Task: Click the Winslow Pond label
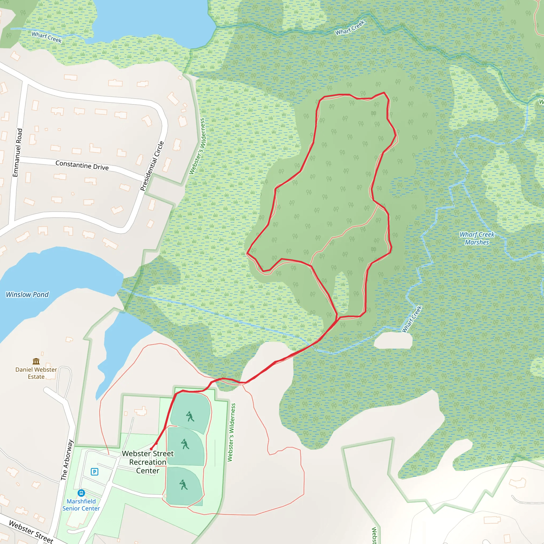(x=27, y=295)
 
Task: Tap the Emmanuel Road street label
(x=18, y=153)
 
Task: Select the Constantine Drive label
(x=82, y=165)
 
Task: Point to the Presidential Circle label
(x=152, y=166)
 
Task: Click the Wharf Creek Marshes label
(x=477, y=238)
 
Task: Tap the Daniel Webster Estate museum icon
(x=36, y=361)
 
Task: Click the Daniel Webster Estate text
(x=36, y=373)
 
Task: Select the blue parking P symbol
(x=95, y=472)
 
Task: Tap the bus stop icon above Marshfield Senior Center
(x=81, y=493)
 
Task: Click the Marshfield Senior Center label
(x=81, y=505)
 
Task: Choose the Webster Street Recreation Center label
(x=148, y=462)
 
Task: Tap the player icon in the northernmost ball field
(x=190, y=416)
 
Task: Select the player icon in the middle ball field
(x=185, y=444)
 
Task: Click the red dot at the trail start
(x=151, y=449)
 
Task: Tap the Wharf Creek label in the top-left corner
(x=46, y=37)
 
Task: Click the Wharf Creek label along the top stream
(x=350, y=27)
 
